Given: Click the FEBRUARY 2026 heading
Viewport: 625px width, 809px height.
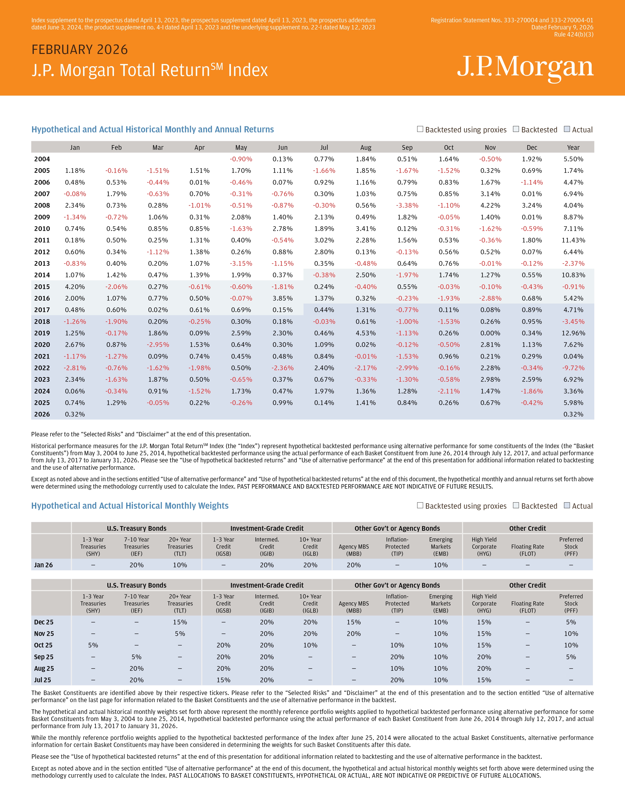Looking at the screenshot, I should pos(80,50).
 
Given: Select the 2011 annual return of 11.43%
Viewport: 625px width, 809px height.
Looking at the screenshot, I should pos(573,240).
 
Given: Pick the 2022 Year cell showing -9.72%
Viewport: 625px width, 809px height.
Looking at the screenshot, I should pos(573,368).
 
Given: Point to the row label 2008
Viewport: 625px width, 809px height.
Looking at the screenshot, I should pos(42,205).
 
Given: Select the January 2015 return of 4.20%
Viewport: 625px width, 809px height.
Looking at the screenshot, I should pos(75,287).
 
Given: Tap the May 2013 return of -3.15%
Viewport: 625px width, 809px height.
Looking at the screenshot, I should pos(241,263).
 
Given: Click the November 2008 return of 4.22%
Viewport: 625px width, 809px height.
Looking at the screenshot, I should pos(490,205).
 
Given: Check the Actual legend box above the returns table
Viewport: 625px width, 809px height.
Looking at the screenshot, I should pos(566,129).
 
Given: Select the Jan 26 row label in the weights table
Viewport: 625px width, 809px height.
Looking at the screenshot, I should pos(43,565).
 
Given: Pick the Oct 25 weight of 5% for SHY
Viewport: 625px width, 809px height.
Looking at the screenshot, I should pos(93,645).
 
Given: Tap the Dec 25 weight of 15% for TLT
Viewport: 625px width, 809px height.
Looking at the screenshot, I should pos(180,622).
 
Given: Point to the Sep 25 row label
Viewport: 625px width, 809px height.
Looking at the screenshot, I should pos(44,657).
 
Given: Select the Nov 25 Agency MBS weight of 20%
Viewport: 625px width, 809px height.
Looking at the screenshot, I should pos(354,633).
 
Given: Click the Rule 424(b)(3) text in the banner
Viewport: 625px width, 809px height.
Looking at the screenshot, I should pos(574,35).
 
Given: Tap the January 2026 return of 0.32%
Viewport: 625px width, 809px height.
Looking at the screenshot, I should pos(75,414).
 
